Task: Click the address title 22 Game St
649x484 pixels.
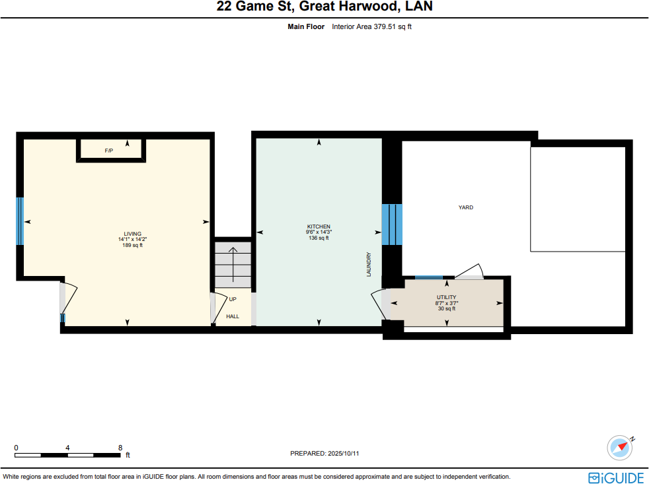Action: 324,7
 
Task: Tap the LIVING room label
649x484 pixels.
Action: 132,234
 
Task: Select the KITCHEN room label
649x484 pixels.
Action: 319,226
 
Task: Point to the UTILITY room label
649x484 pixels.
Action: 446,298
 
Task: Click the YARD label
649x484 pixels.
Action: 466,207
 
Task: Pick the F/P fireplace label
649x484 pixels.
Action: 109,151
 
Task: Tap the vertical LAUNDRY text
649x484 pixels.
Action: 369,264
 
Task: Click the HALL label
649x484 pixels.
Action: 233,316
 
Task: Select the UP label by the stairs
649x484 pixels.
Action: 233,299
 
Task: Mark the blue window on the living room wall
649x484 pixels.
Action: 20,221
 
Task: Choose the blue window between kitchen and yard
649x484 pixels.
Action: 392,224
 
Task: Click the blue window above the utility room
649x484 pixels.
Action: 428,277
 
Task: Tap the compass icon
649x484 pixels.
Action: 621,447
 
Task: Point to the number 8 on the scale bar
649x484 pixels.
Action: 120,447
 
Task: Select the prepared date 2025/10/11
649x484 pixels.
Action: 324,454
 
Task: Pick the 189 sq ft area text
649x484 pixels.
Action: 132,245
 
